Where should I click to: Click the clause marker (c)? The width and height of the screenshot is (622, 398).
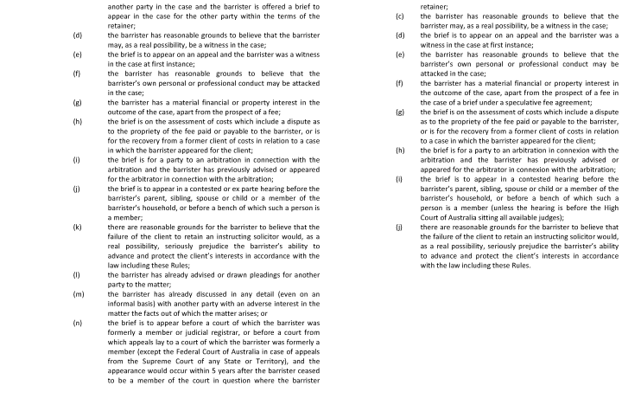coord(399,16)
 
